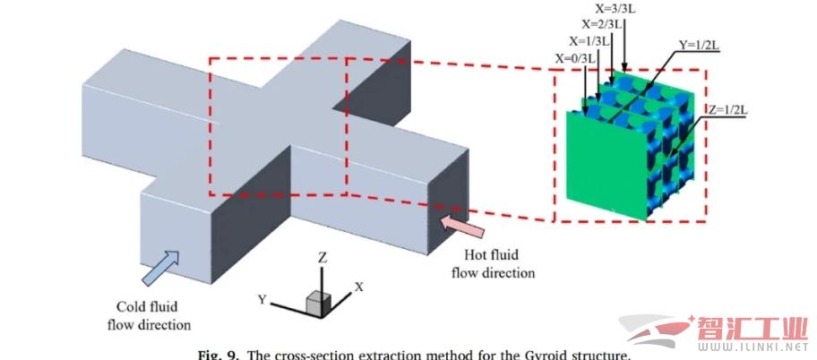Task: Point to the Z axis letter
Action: coord(322,258)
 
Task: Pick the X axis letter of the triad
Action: coord(357,287)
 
